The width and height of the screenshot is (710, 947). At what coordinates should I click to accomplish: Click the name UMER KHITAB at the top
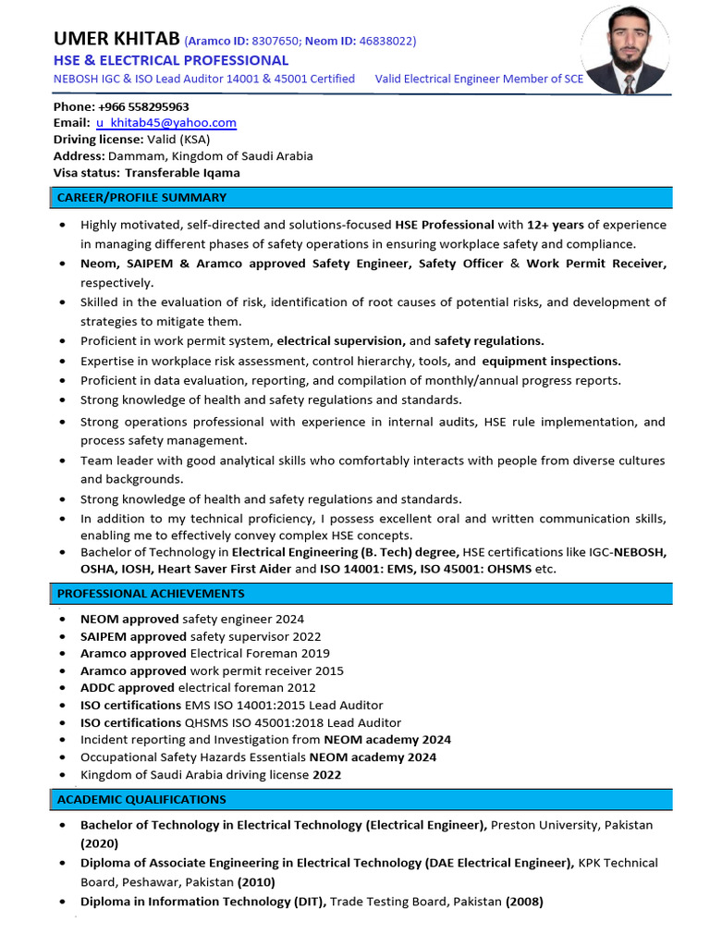point(116,39)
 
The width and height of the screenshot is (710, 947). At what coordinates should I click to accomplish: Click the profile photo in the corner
point(628,51)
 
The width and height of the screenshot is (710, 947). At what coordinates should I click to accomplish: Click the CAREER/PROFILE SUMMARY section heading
point(141,198)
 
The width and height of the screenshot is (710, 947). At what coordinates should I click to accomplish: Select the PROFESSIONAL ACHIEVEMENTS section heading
point(151,594)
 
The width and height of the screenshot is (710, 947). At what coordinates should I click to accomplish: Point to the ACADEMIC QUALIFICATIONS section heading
point(141,799)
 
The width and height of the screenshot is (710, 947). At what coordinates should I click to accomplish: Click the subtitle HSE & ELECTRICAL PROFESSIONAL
point(171,60)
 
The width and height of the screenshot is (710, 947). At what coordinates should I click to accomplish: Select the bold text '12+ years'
point(556,225)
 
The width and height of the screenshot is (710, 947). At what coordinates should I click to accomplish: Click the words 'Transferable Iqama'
point(182,173)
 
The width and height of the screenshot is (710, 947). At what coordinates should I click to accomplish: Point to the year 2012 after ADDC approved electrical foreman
point(301,688)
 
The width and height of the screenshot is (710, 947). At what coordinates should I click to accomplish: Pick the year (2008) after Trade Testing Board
point(524,902)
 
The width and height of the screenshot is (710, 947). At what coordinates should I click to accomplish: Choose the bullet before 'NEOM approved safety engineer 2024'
point(62,620)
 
